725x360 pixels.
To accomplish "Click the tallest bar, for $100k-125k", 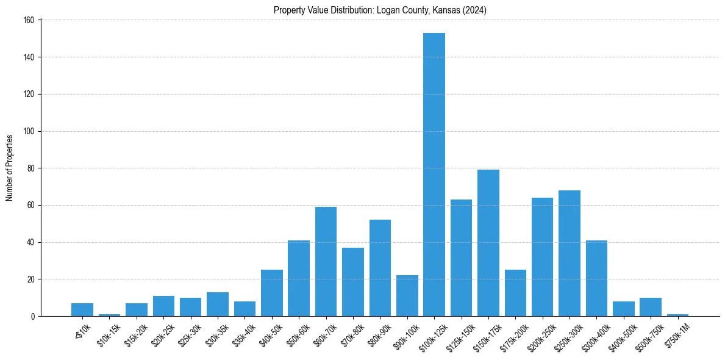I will (x=434, y=175).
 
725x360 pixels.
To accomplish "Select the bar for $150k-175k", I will (x=488, y=243).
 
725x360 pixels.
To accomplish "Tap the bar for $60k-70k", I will (x=326, y=261).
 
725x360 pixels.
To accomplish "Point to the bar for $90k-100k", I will (x=407, y=296).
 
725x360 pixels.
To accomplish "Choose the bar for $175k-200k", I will (x=515, y=293).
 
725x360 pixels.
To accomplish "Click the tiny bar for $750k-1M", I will (x=677, y=315).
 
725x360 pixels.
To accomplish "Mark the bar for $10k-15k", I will (x=109, y=315).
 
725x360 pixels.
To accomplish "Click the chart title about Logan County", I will (x=380, y=10).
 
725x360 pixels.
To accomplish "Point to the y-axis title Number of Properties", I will (x=10, y=168).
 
